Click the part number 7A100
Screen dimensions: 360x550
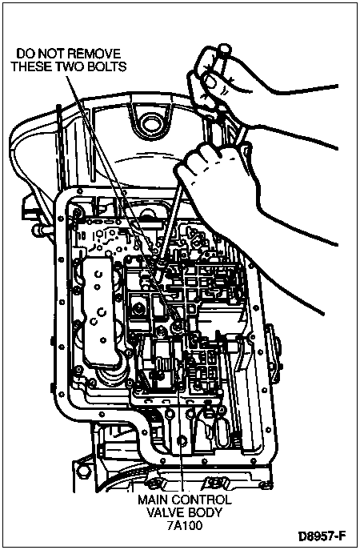pyautogui.click(x=184, y=526)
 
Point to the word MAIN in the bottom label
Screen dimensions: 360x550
pyautogui.click(x=154, y=500)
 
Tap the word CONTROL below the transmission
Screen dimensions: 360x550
pyautogui.click(x=202, y=500)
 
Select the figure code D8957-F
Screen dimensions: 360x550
pyautogui.click(x=322, y=536)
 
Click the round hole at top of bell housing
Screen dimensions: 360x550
pyautogui.click(x=150, y=123)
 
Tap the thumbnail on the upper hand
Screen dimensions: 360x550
pyautogui.click(x=211, y=82)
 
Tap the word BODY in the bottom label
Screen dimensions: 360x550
pyautogui.click(x=205, y=512)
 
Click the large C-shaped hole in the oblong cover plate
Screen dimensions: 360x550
pyautogui.click(x=102, y=311)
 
